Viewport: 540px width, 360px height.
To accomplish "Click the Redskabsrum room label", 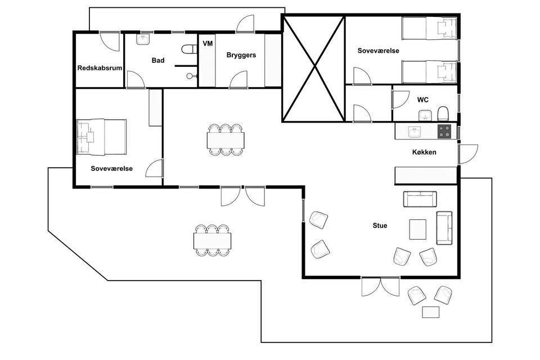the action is point(100,68).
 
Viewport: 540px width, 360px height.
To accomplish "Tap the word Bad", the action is point(158,60).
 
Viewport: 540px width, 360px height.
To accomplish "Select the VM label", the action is point(208,43).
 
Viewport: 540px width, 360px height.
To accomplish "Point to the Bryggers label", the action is point(241,55).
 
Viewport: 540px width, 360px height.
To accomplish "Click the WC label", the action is point(423,100).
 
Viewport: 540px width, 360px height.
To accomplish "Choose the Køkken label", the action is point(424,152).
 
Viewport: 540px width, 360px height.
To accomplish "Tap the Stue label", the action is point(380,226).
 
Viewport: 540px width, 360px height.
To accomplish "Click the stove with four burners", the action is point(444,131).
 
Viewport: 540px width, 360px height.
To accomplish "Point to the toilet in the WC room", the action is point(443,113).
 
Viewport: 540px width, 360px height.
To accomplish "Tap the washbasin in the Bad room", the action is point(143,39).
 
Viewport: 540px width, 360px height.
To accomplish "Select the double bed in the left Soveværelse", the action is point(101,137).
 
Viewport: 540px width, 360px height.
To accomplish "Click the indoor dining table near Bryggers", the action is point(226,140).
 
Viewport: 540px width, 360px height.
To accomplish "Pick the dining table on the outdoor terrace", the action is point(212,241).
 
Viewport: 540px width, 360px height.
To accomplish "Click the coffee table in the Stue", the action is point(418,229).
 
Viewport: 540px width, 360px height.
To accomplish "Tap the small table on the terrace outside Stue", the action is point(431,312).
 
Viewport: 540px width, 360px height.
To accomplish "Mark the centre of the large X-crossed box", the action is point(314,68).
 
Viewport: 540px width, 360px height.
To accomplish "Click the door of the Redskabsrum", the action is point(110,41).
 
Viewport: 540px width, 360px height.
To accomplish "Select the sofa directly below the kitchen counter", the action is point(420,199).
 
